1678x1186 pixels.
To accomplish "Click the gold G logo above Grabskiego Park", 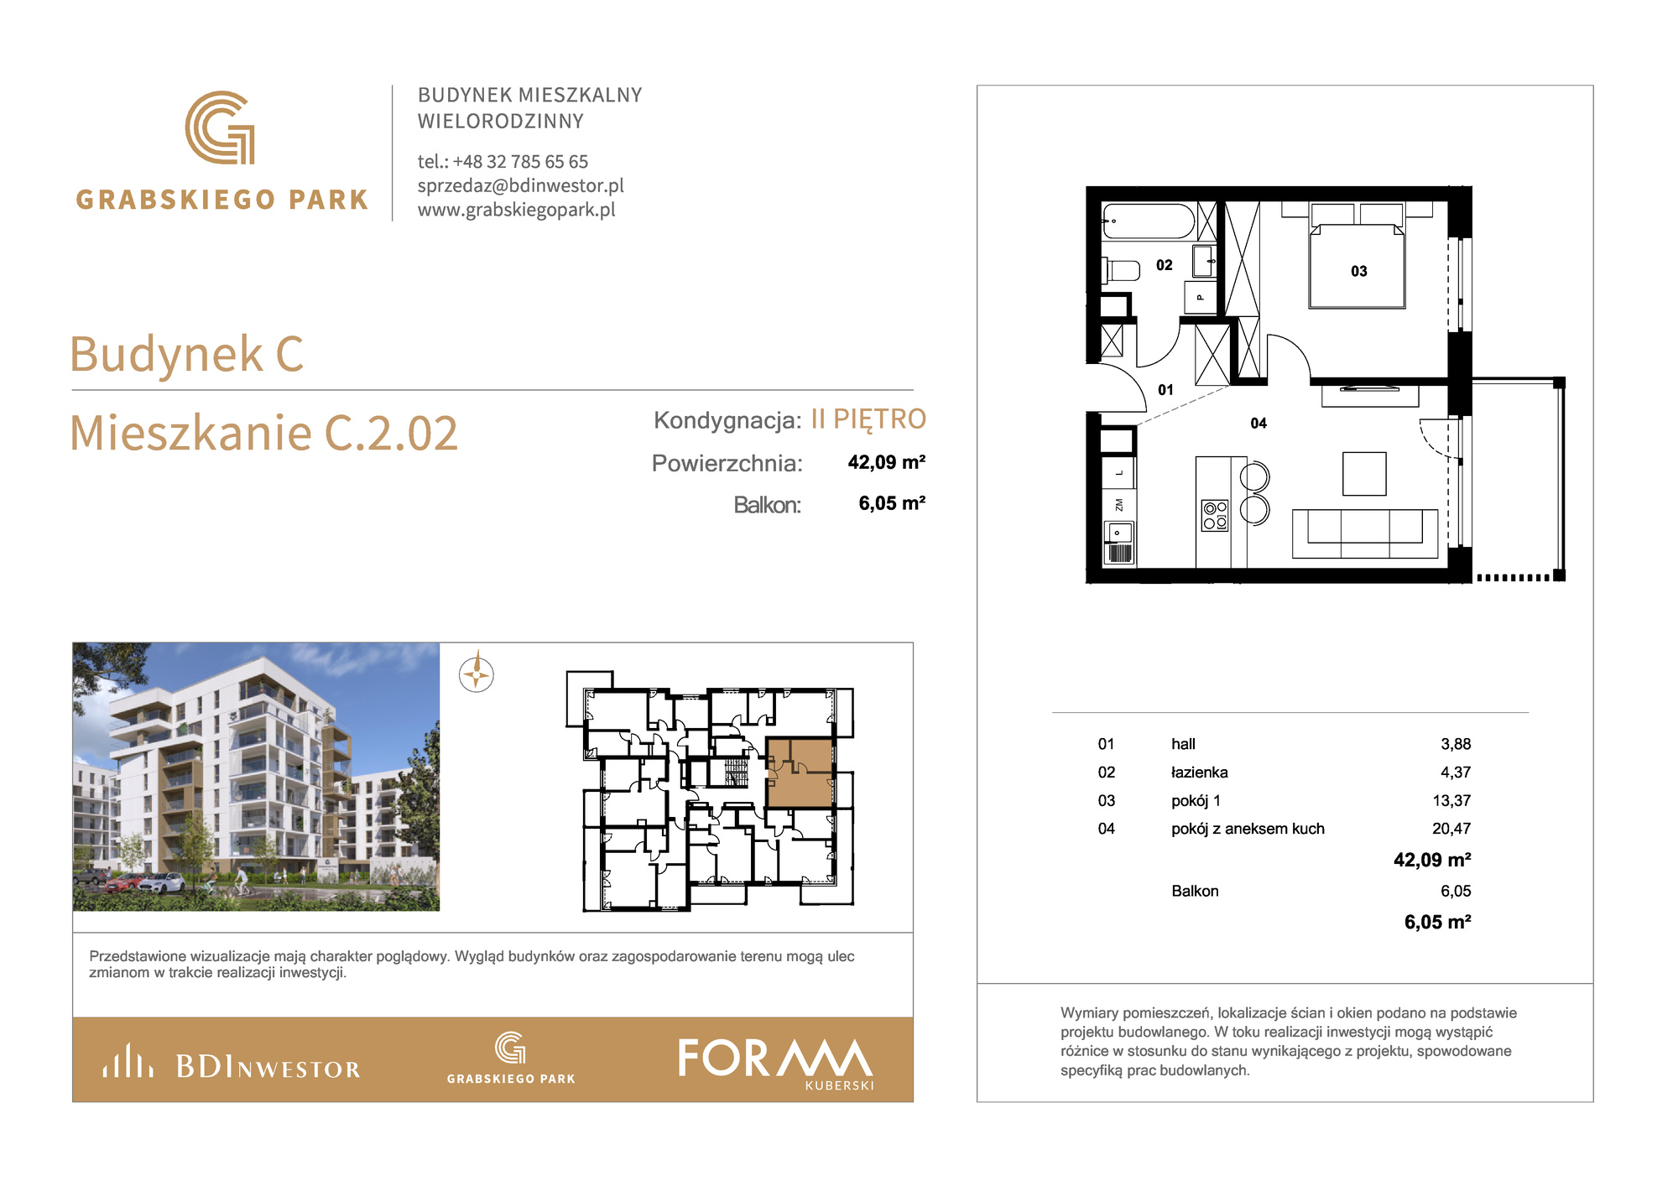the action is click(x=220, y=127).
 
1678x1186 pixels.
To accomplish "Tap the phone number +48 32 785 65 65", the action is click(x=520, y=162).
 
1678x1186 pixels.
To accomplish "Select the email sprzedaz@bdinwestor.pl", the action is click(x=521, y=186).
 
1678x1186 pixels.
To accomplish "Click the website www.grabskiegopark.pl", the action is click(x=517, y=210).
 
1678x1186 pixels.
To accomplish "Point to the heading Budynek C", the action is click(x=186, y=354).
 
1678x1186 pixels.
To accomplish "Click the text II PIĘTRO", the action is click(x=868, y=419).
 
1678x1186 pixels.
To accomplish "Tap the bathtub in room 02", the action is click(x=1148, y=221).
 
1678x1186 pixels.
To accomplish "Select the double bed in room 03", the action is click(x=1357, y=256).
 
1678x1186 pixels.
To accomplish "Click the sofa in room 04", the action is click(x=1365, y=533).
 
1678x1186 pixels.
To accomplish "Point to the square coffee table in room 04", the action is click(x=1364, y=474).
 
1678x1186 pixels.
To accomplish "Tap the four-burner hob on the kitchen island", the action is click(x=1215, y=515).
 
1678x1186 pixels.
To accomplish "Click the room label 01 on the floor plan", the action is click(x=1165, y=390).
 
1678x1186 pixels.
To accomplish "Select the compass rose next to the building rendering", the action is click(x=477, y=674).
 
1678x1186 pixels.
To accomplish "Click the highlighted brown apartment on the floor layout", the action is click(x=800, y=773).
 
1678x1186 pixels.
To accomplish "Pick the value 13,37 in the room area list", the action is click(x=1451, y=800).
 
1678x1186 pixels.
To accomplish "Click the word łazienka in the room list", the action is click(x=1199, y=772).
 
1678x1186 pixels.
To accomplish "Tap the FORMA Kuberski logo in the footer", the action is click(x=776, y=1063).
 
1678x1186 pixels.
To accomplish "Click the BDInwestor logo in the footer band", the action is click(x=232, y=1062).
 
